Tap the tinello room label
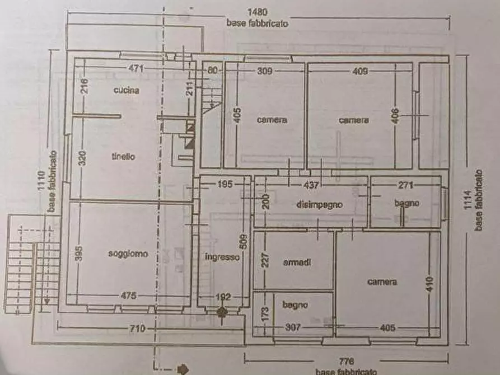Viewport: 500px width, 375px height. [x=123, y=157]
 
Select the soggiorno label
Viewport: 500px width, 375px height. [x=128, y=254]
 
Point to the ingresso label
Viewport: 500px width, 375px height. [x=222, y=257]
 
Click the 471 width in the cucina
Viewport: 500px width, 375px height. [x=136, y=69]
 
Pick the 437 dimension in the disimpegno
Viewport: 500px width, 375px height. [x=311, y=185]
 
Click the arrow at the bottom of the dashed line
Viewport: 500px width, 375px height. [x=182, y=368]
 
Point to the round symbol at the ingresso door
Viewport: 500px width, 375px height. [x=222, y=312]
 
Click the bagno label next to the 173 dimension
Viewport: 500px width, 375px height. [x=294, y=305]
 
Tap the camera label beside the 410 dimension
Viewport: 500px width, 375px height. [x=382, y=282]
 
